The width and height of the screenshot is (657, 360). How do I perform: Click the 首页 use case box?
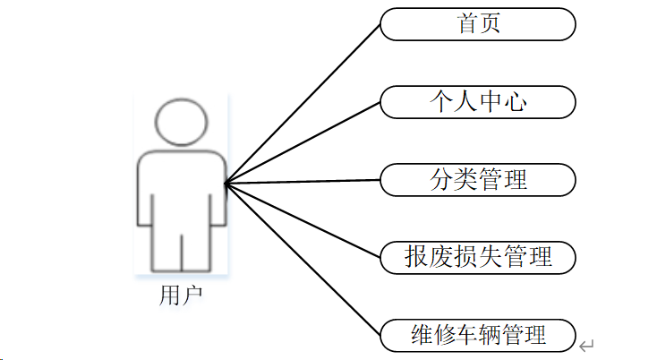(478, 24)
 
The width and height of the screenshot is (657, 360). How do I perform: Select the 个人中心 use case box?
(478, 102)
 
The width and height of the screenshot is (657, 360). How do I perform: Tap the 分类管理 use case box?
(478, 179)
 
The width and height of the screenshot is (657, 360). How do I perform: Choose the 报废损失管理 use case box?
(478, 257)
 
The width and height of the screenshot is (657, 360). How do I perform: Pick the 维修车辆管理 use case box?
(478, 335)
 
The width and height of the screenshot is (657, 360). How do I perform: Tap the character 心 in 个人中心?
(515, 102)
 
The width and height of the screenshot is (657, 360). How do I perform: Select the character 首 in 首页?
(467, 24)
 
